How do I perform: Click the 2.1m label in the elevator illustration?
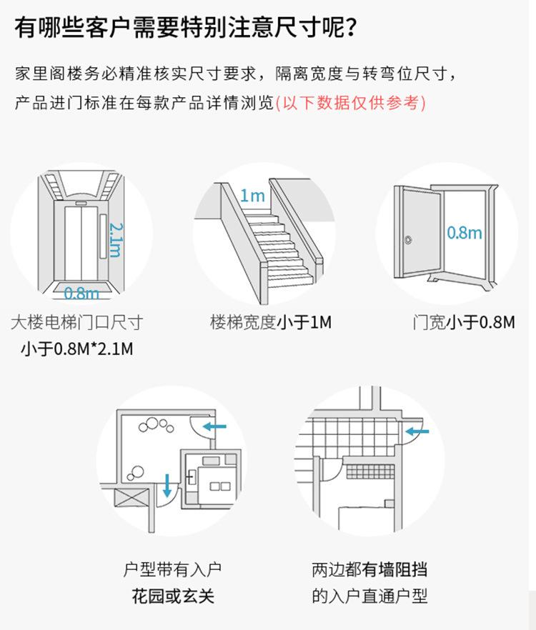pyautogui.click(x=115, y=239)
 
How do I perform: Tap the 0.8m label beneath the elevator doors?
pyautogui.click(x=81, y=293)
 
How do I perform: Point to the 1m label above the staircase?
pyautogui.click(x=252, y=195)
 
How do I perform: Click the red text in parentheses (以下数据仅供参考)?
pyautogui.click(x=350, y=103)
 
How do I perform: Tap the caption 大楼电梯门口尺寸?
pyautogui.click(x=76, y=322)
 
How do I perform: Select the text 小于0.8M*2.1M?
pyautogui.click(x=76, y=349)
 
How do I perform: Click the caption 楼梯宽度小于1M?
pyautogui.click(x=271, y=322)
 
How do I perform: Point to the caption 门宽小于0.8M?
pyautogui.click(x=464, y=322)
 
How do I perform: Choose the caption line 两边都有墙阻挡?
pyautogui.click(x=369, y=570)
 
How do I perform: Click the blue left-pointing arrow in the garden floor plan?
pyautogui.click(x=214, y=427)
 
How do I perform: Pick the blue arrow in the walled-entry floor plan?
pyautogui.click(x=416, y=431)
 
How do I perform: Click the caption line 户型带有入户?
pyautogui.click(x=172, y=570)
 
